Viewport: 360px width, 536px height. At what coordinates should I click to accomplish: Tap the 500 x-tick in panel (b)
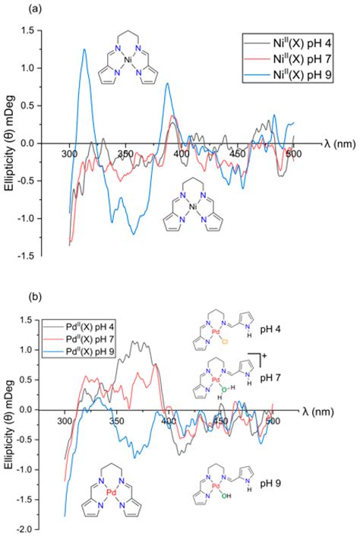click(x=272, y=418)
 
